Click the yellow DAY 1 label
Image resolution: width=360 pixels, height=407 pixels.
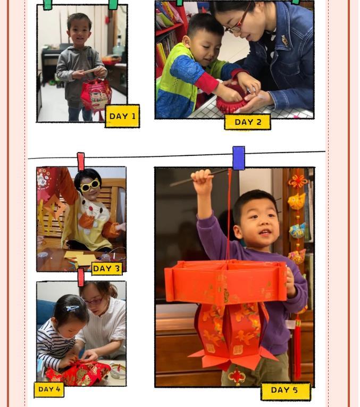pyautogui.click(x=122, y=116)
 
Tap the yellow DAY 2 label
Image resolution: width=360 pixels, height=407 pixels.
pyautogui.click(x=247, y=122)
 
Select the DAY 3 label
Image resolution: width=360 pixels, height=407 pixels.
pyautogui.click(x=106, y=268)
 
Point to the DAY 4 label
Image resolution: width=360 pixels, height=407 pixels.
pyautogui.click(x=49, y=389)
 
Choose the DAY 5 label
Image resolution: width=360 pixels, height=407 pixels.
pyautogui.click(x=286, y=392)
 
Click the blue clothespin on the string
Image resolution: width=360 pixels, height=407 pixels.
pyautogui.click(x=239, y=158)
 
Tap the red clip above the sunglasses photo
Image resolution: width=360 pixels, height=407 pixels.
pyautogui.click(x=81, y=161)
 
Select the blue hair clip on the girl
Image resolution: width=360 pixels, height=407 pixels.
pyautogui.click(x=72, y=309)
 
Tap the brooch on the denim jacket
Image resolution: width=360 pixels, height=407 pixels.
pyautogui.click(x=285, y=41)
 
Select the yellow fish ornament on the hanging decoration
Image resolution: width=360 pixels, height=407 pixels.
pyautogui.click(x=297, y=201)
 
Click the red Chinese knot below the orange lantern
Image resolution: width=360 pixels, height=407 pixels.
pyautogui.click(x=236, y=376)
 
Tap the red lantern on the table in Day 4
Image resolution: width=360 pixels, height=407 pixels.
pyautogui.click(x=78, y=373)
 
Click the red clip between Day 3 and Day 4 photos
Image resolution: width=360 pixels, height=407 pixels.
pyautogui.click(x=81, y=277)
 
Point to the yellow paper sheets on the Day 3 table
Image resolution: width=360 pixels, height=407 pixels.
pyautogui.click(x=78, y=257)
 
